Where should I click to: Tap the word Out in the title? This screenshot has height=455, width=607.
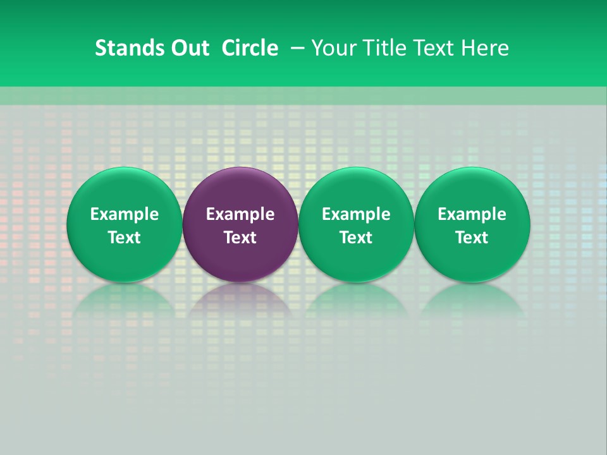point(190,48)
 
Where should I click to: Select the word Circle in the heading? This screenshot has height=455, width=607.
point(250,48)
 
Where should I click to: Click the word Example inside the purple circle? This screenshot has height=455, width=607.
point(240,214)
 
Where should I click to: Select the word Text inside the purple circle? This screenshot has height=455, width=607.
point(240,238)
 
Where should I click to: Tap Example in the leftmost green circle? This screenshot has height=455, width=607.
point(125,214)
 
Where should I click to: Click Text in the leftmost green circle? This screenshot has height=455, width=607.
point(125,238)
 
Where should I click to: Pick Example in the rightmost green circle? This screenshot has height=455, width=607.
point(472,214)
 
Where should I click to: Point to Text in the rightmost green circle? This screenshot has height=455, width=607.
point(472,238)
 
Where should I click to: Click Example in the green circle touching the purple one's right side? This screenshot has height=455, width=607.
point(356,214)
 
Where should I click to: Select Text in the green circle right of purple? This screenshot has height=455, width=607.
point(356,238)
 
